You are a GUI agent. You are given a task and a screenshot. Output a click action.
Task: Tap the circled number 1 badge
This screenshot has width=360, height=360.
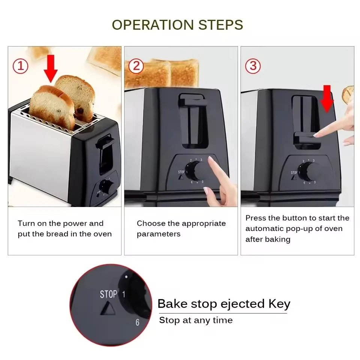[x=21, y=66]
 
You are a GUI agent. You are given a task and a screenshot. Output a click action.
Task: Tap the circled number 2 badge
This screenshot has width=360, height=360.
[x=136, y=66]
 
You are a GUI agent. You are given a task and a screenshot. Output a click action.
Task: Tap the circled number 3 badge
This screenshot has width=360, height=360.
[x=253, y=66]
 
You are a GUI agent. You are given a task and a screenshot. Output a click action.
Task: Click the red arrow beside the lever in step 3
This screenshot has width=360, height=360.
[x=327, y=99]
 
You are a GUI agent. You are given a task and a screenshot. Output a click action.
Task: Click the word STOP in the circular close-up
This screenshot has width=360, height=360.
[x=108, y=294]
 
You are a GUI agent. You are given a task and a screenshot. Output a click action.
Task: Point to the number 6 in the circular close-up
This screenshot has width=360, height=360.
[x=137, y=322]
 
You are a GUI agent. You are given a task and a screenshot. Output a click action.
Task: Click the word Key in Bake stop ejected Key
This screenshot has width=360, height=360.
[x=279, y=304]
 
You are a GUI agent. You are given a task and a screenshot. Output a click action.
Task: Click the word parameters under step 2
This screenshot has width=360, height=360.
[x=159, y=234]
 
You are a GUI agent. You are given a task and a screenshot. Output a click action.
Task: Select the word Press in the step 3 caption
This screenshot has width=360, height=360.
[x=256, y=218]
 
